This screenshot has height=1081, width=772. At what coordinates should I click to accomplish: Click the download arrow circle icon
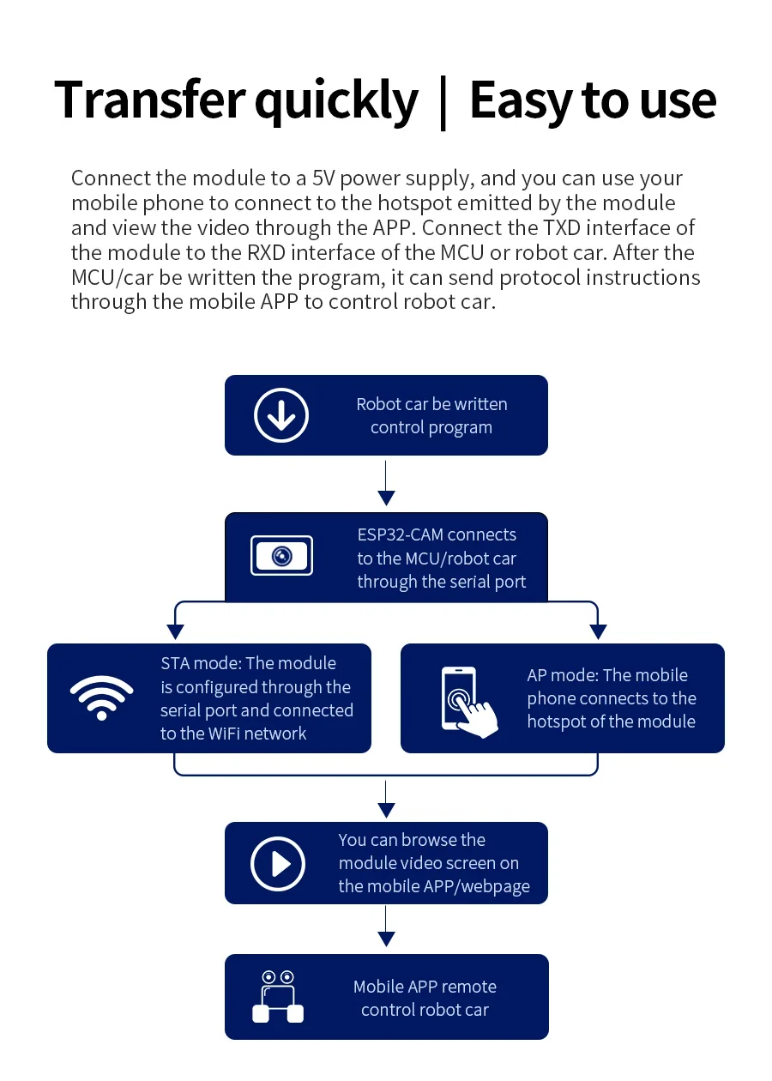[x=281, y=415]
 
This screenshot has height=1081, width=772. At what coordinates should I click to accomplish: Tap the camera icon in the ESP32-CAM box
[x=281, y=556]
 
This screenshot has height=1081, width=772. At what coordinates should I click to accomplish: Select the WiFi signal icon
[x=102, y=698]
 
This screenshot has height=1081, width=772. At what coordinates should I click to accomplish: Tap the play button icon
[x=278, y=863]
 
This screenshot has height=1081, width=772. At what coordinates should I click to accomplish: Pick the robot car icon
[x=278, y=997]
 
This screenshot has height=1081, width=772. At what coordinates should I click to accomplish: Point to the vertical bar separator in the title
[x=443, y=101]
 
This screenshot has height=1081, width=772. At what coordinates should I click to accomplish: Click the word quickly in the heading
[x=335, y=101]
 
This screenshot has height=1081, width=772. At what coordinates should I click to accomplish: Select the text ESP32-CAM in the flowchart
[x=401, y=534]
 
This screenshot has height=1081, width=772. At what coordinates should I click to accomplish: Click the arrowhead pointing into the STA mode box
[x=175, y=632]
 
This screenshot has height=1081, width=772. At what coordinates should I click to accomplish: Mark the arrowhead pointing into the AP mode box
[x=598, y=632]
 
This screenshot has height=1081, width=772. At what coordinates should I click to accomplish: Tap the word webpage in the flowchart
[x=495, y=886]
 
